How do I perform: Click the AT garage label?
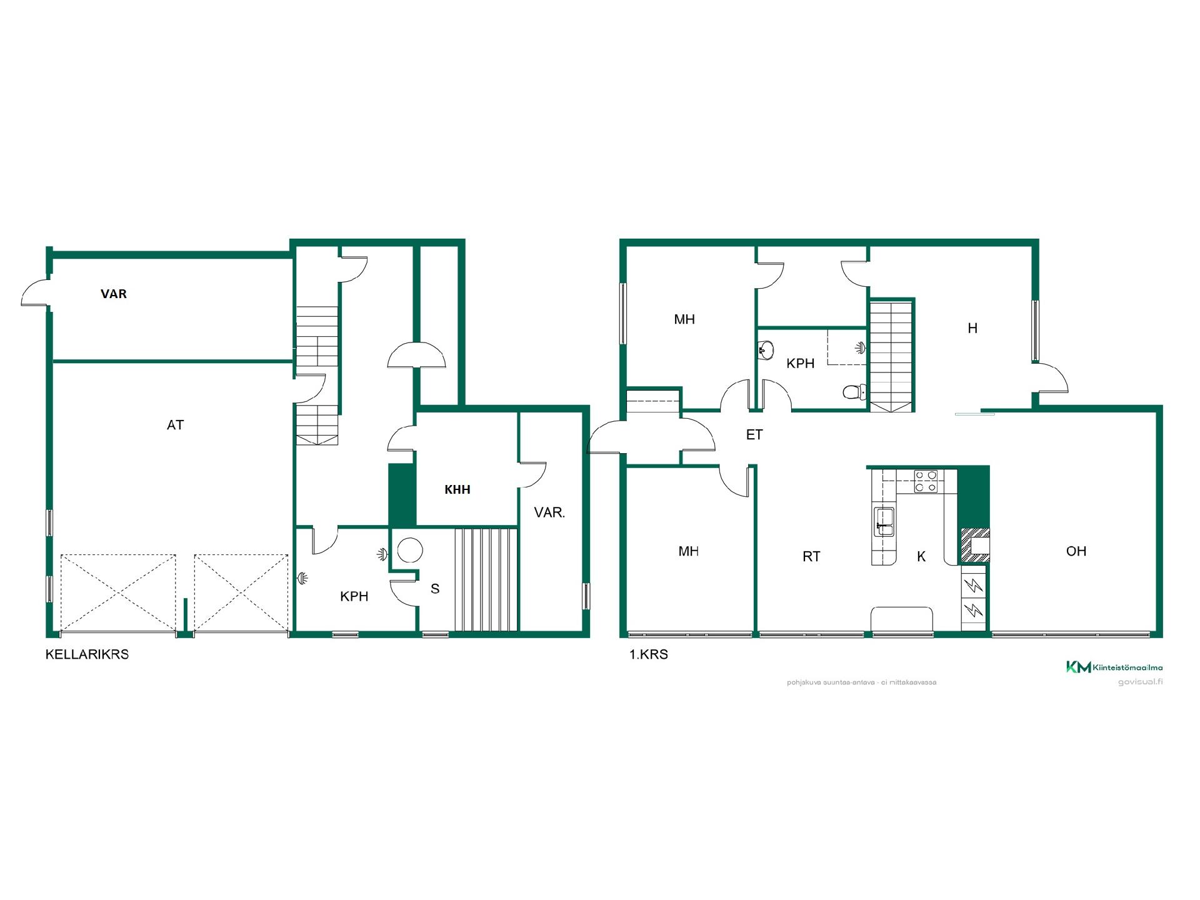[x=175, y=425]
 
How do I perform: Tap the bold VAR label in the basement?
[x=114, y=294]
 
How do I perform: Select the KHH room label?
[x=457, y=490]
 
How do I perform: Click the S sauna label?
[x=435, y=589]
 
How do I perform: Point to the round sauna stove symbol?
[x=410, y=551]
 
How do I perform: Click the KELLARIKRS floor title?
[x=87, y=654]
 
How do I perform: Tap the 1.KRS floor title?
[x=648, y=654]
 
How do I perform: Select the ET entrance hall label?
[x=754, y=435]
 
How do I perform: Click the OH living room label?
[x=1076, y=551]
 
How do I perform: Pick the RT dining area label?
[x=811, y=556]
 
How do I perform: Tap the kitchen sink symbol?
[x=884, y=522]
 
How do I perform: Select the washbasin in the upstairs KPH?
[x=766, y=348]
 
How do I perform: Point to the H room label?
[x=972, y=328]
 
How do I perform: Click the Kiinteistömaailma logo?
[x=1114, y=667]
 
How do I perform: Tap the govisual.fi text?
[x=1140, y=682]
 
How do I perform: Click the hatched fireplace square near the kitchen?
[x=975, y=545]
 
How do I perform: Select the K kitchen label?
[x=921, y=556]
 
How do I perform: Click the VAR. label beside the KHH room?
[x=550, y=513]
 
